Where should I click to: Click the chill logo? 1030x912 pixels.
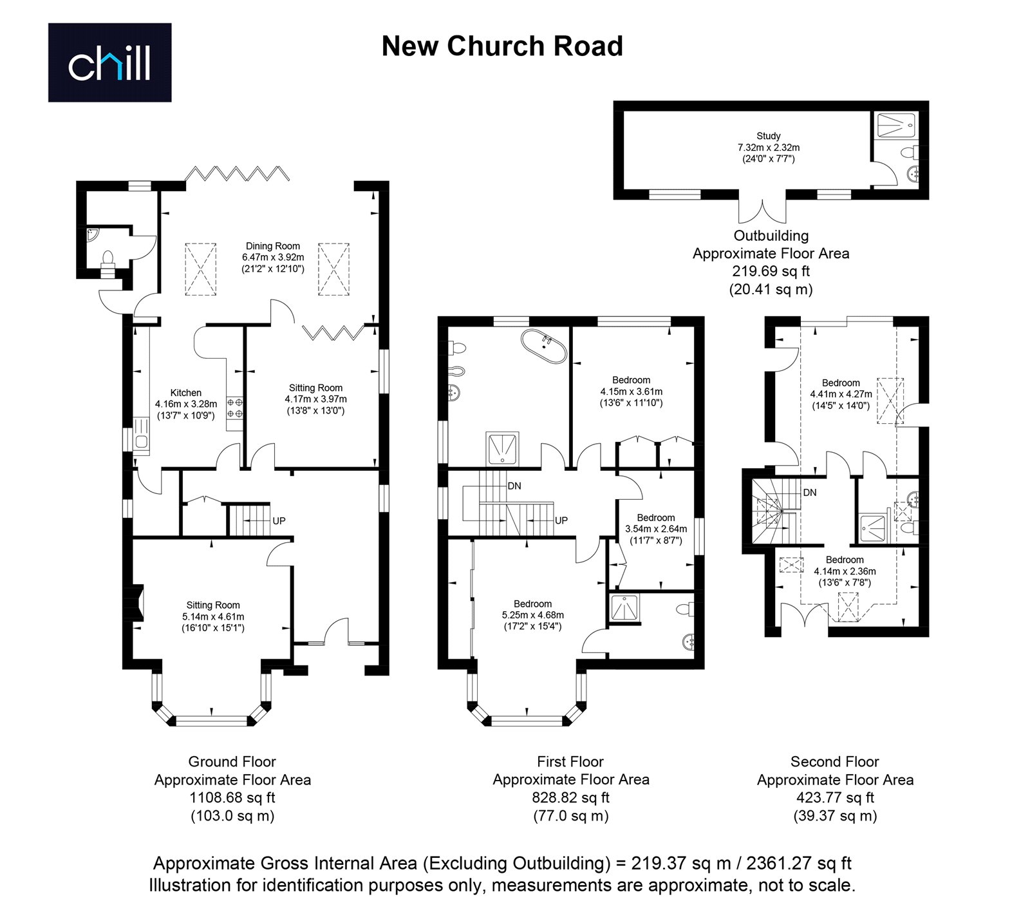click(x=109, y=62)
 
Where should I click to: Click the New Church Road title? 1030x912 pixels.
click(x=502, y=46)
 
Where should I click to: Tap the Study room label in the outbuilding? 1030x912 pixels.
click(x=768, y=136)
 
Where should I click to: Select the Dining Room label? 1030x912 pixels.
click(x=273, y=246)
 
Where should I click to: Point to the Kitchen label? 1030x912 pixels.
click(x=185, y=393)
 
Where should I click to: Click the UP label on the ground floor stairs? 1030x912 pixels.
click(x=279, y=520)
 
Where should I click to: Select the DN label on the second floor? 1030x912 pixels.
click(x=810, y=493)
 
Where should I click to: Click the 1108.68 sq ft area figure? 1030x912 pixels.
click(x=232, y=797)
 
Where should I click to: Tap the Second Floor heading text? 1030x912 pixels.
click(x=835, y=762)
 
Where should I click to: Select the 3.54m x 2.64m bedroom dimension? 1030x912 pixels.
click(x=656, y=529)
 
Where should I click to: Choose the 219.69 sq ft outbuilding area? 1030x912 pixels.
click(x=771, y=271)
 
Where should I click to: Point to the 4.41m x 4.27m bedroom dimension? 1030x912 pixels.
click(x=841, y=394)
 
